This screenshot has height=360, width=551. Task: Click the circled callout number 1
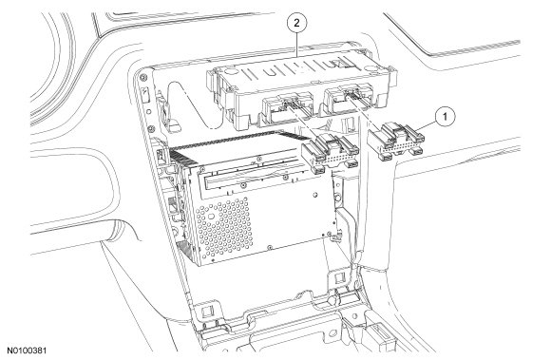pos(446,117)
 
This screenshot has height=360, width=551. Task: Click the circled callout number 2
pos(297,23)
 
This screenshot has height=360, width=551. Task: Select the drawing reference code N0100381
pos(27,351)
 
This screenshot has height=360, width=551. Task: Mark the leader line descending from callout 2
pos(297,45)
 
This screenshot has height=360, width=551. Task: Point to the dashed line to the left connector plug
pos(303,122)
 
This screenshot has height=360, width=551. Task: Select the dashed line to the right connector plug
pos(365,112)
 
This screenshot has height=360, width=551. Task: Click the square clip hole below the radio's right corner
pos(339,278)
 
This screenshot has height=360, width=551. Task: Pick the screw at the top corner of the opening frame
pos(142,77)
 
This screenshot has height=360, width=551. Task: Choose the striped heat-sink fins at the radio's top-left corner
pos(183,155)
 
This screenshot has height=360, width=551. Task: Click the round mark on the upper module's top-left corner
pos(230,70)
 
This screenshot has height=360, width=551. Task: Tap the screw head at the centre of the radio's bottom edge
pos(269,247)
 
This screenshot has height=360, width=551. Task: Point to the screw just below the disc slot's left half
pos(242,183)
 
